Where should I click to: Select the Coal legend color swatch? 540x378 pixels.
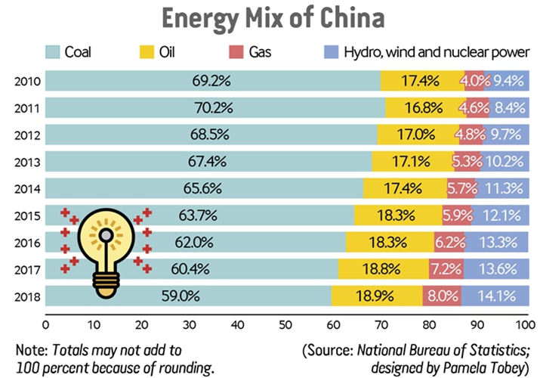(54, 53)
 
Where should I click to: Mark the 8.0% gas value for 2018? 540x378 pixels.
(437, 296)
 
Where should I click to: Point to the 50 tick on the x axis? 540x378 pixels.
(285, 326)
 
